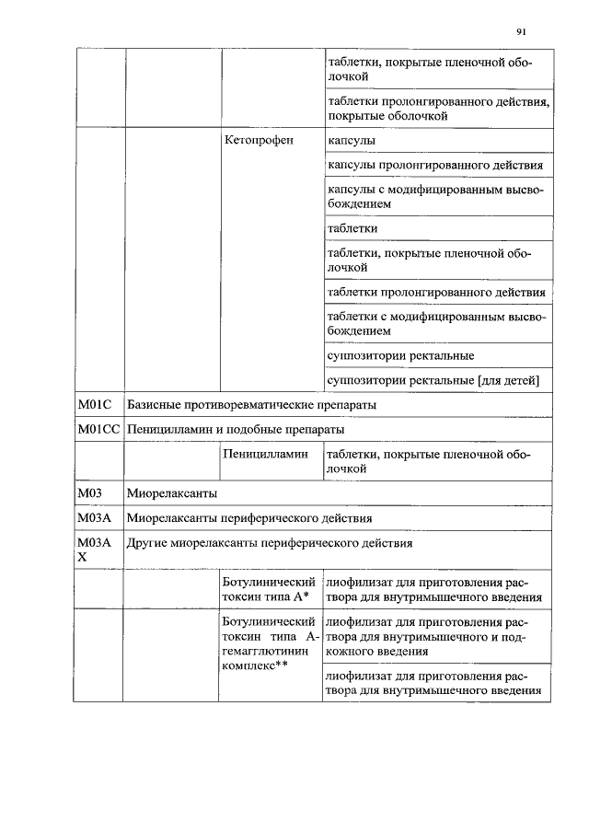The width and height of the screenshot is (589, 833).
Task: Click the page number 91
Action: tap(521, 31)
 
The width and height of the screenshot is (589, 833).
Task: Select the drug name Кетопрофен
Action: tap(258, 141)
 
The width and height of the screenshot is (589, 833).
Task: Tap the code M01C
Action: tap(94, 405)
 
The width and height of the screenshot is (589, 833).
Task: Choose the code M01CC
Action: tap(98, 430)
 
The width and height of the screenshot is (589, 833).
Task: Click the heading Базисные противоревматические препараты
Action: tap(251, 405)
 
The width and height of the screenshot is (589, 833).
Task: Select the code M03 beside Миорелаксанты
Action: tap(88, 493)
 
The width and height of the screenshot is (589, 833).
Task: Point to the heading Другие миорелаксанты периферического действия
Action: tap(270, 543)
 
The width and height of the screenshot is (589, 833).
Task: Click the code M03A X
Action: tap(94, 550)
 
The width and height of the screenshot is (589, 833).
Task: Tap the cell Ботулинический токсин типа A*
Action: tap(270, 589)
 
